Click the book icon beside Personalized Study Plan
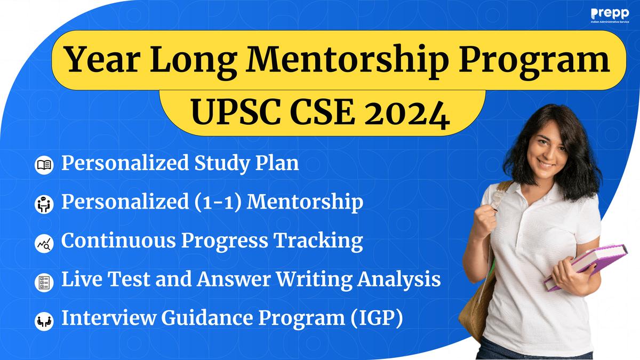(x=44, y=165)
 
